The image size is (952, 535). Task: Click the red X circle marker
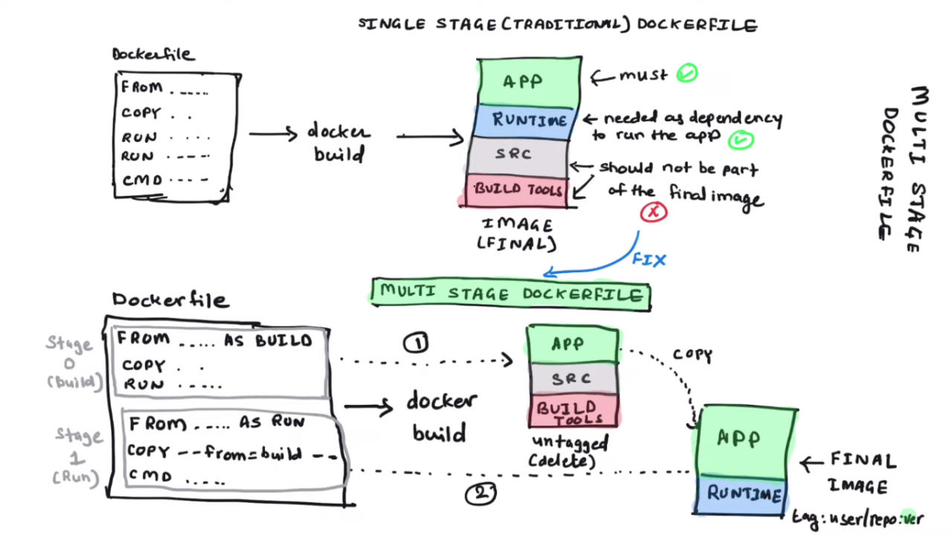[654, 213]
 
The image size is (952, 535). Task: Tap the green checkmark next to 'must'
[687, 74]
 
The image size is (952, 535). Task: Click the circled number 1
[416, 342]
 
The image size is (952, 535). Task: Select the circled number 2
[480, 493]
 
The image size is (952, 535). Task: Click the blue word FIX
[649, 260]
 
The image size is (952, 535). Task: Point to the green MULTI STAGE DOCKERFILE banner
[510, 294]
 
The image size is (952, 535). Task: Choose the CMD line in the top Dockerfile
[164, 179]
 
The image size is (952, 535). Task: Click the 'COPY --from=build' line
[231, 452]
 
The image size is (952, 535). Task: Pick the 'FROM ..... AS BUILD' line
[214, 340]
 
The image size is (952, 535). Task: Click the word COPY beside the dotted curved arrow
[692, 355]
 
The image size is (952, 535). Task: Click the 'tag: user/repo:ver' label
[857, 518]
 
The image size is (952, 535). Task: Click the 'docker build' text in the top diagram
[339, 143]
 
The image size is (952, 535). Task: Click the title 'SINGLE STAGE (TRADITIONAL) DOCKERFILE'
[557, 25]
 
